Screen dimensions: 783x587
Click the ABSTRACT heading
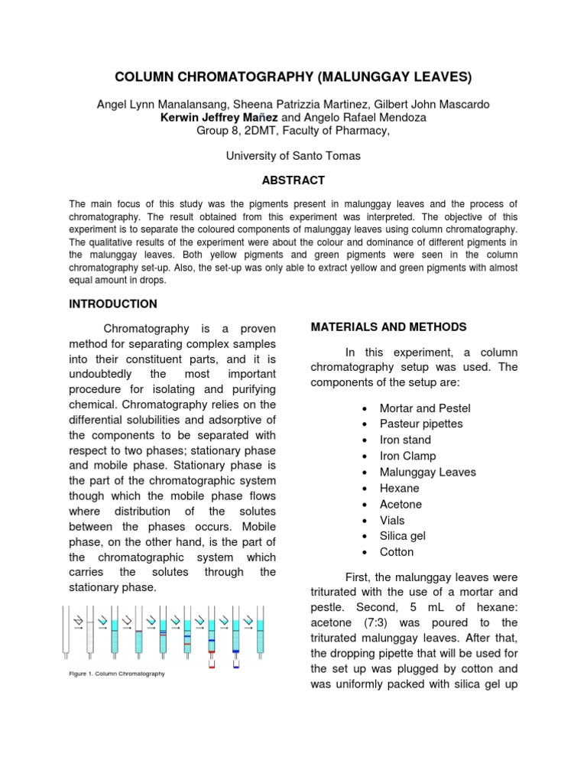pos(293,180)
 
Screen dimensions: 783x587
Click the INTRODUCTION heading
pos(113,304)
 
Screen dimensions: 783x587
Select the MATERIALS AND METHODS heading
pos(388,327)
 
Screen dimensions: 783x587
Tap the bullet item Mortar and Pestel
pos(425,408)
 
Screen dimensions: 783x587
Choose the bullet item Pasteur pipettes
pos(421,424)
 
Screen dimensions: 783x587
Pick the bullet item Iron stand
pos(405,440)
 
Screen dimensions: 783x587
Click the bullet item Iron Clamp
pos(407,456)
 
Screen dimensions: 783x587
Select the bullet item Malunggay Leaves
pos(427,472)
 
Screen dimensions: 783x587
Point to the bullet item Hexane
pos(399,488)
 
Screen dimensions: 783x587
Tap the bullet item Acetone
pos(401,504)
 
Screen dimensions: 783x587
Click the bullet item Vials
pos(392,520)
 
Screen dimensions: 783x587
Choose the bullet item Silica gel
pos(402,536)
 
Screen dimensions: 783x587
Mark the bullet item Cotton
pos(397,552)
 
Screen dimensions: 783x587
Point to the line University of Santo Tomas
pos(293,155)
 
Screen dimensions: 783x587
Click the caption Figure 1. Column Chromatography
pos(117,674)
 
